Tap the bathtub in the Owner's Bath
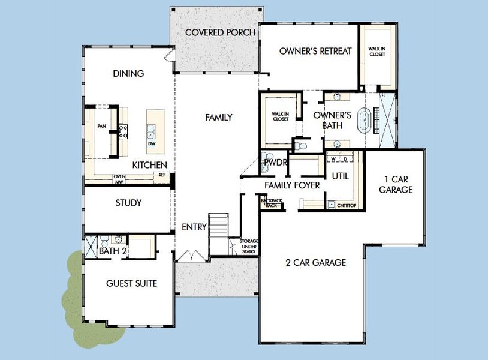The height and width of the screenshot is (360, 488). tap(364, 120)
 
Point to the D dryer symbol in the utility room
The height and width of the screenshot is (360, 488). tap(346, 159)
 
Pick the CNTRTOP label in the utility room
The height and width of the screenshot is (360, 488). tap(346, 205)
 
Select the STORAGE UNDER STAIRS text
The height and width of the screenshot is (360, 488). tap(249, 247)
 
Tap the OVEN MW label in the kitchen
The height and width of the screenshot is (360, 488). tap(119, 179)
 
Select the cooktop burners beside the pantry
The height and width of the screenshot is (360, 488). tap(123, 131)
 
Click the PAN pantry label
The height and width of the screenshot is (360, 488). tap(101, 126)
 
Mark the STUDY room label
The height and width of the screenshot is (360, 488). tap(128, 203)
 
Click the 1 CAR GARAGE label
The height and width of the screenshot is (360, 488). tap(396, 184)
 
